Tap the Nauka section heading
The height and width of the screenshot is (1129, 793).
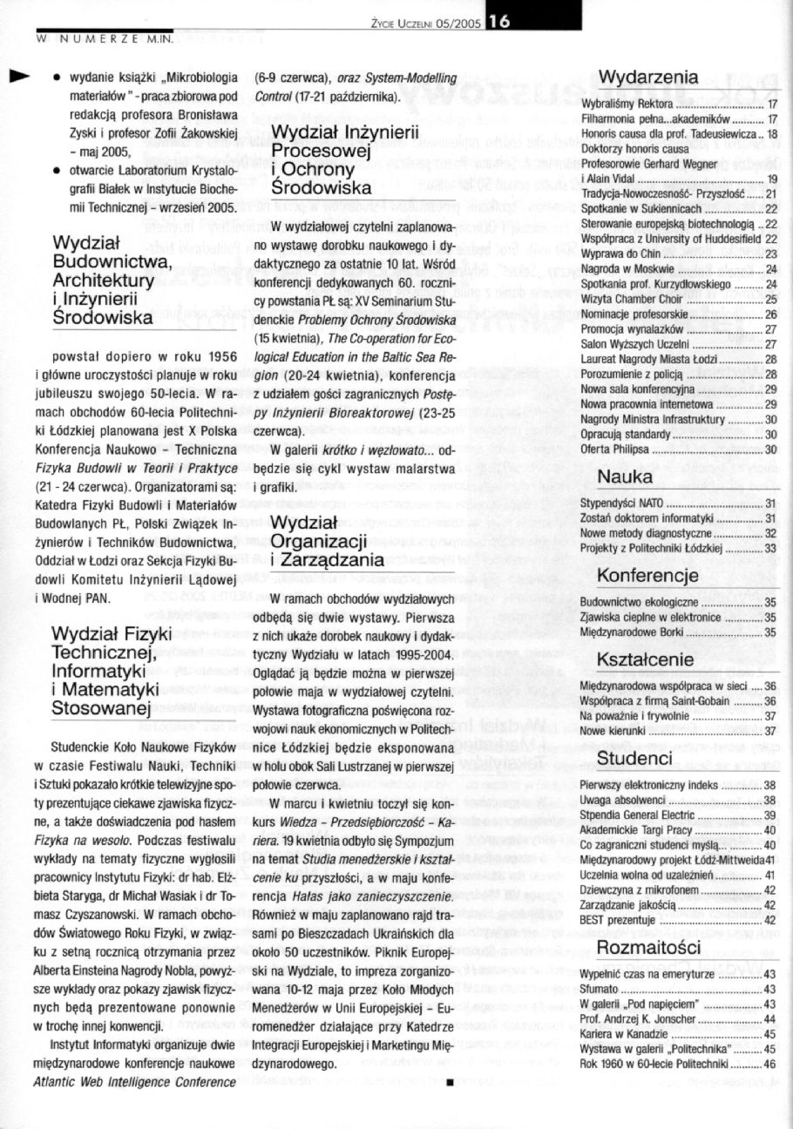tap(625, 477)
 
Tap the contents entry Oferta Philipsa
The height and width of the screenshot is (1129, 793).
tap(615, 450)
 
